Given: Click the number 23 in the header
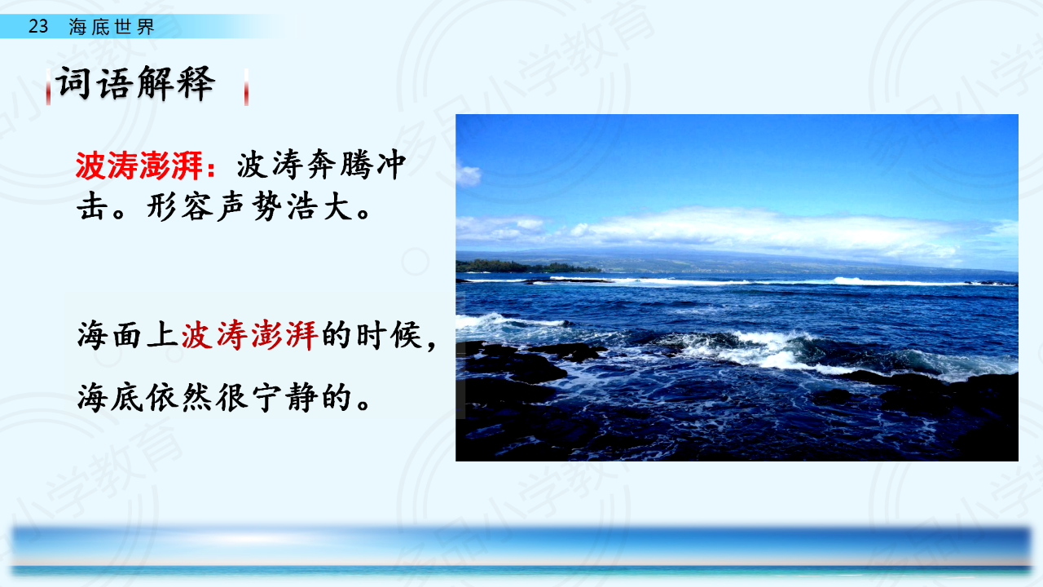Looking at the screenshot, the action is pyautogui.click(x=38, y=26).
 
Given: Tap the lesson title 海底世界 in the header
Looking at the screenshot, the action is pyautogui.click(x=112, y=27).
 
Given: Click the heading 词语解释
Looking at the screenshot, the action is pyautogui.click(x=135, y=84).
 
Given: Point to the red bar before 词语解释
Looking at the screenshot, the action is pyautogui.click(x=48, y=87).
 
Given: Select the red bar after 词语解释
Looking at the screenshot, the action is pyautogui.click(x=246, y=87).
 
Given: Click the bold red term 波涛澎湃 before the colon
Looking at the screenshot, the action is pyautogui.click(x=139, y=166).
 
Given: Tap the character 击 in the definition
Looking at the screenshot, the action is pyautogui.click(x=93, y=206).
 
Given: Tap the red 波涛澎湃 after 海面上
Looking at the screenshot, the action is pyautogui.click(x=250, y=335).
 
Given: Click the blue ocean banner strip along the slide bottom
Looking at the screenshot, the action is pyautogui.click(x=521, y=550).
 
